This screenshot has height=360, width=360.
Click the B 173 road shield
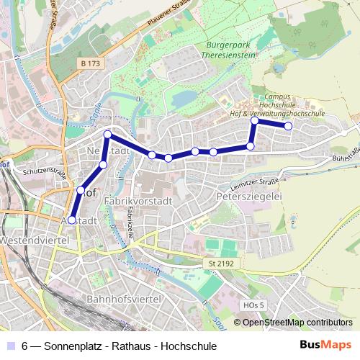pyautogui.click(x=91, y=64)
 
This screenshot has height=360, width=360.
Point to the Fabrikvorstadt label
pyautogui.click(x=138, y=201)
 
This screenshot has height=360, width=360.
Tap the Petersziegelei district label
pyautogui.click(x=248, y=195)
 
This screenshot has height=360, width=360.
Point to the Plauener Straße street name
pyautogui.click(x=171, y=16)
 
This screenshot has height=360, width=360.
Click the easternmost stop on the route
pyautogui.click(x=288, y=127)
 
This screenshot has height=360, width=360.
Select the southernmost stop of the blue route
pyautogui.click(x=71, y=220)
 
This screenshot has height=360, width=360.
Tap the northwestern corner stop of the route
pyautogui.click(x=108, y=135)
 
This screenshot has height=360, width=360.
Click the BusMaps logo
pyautogui.click(x=325, y=345)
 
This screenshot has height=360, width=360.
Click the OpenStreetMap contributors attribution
pyautogui.click(x=297, y=322)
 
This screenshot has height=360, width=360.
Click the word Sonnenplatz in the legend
pyautogui.click(x=73, y=346)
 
